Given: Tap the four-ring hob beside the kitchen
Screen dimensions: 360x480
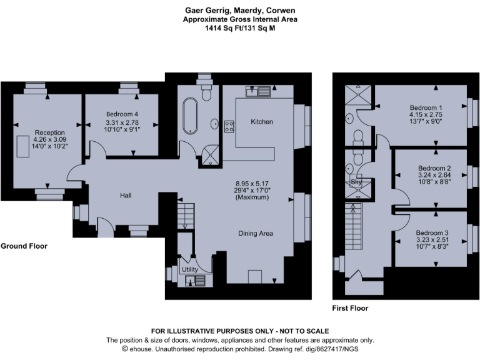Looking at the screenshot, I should point(229,126).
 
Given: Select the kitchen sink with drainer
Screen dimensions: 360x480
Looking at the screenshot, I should point(259,91).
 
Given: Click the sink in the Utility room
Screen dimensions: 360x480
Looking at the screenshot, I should point(188,279).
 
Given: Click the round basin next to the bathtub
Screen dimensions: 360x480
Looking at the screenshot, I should point(213,123).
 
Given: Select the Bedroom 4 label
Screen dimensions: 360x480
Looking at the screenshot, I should point(122,114).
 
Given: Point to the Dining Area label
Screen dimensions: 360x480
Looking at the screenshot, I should point(256,233).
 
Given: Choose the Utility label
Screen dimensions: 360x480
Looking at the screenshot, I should point(189,269).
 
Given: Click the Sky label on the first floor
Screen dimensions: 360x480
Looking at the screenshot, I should point(357,181).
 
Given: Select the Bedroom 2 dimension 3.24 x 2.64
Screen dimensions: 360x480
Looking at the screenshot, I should point(434,176).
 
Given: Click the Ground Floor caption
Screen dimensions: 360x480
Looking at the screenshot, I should point(24,246).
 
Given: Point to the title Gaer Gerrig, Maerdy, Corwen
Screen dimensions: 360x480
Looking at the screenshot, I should point(239,10).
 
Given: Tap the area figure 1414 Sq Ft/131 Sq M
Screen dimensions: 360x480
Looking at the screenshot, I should point(239,27).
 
